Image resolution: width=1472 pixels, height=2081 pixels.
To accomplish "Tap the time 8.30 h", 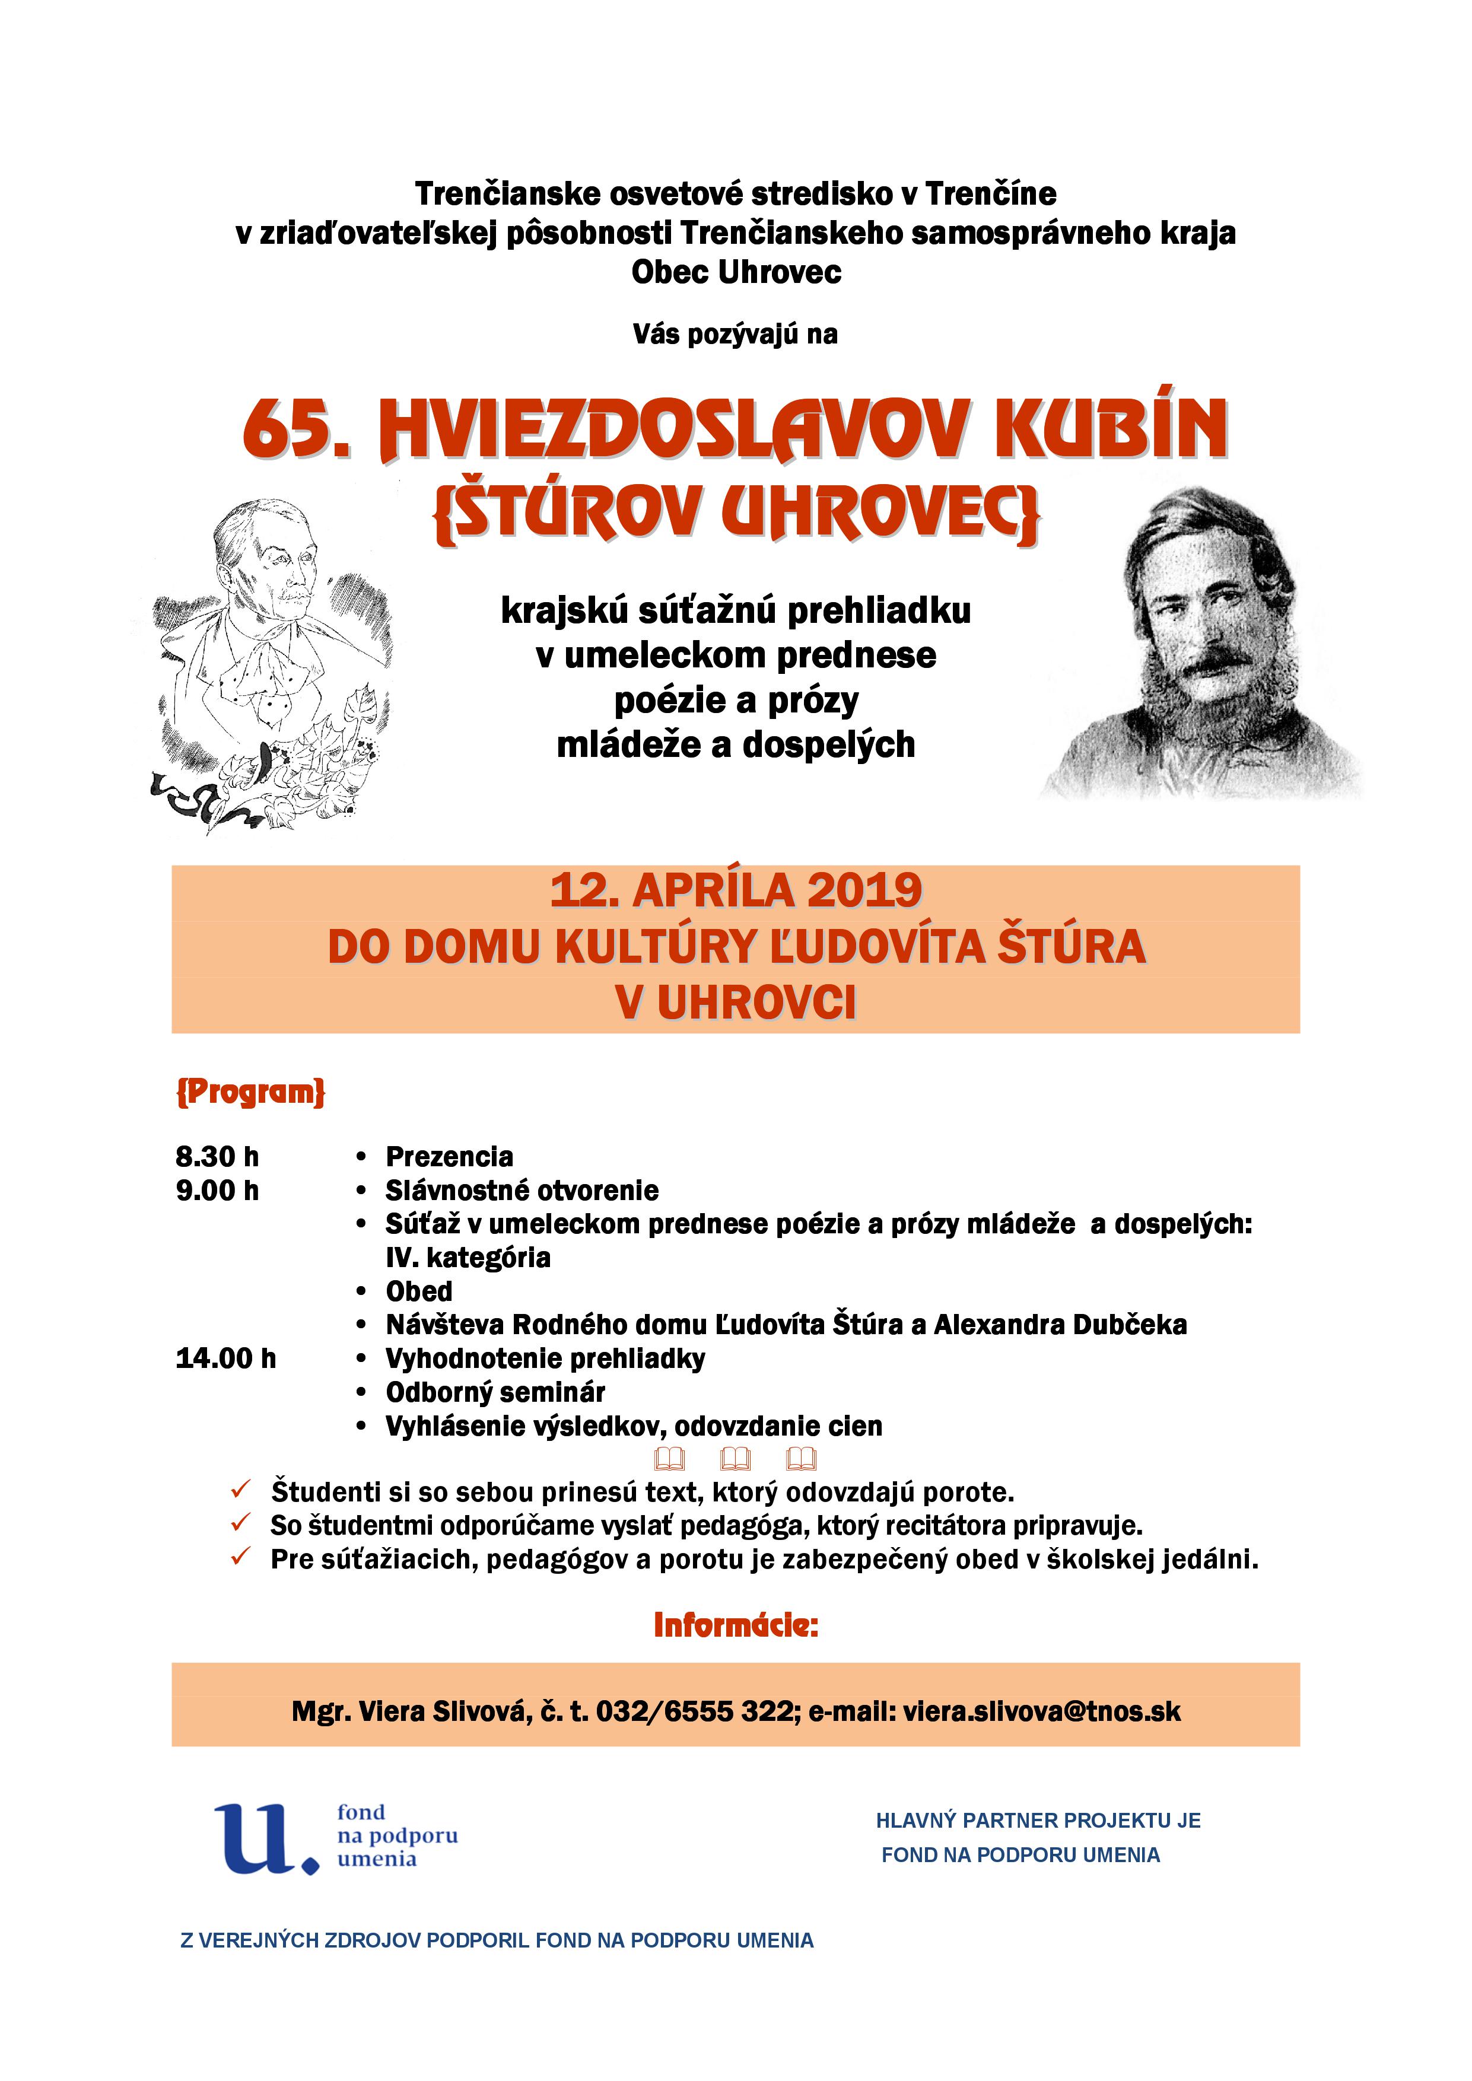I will tap(218, 1157).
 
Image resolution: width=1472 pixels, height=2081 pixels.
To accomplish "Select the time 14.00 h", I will tap(225, 1358).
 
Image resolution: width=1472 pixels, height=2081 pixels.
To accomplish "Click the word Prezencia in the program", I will tap(450, 1157).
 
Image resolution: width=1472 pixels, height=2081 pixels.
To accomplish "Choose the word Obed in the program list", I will tap(419, 1291).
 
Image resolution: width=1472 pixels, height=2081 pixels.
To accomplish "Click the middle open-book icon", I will tap(735, 1459).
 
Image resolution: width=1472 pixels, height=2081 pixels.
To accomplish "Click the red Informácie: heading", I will tap(735, 1625).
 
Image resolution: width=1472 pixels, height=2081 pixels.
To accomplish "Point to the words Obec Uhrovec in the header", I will tap(736, 272).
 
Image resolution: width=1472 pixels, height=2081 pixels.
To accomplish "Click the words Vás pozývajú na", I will tap(735, 335).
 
